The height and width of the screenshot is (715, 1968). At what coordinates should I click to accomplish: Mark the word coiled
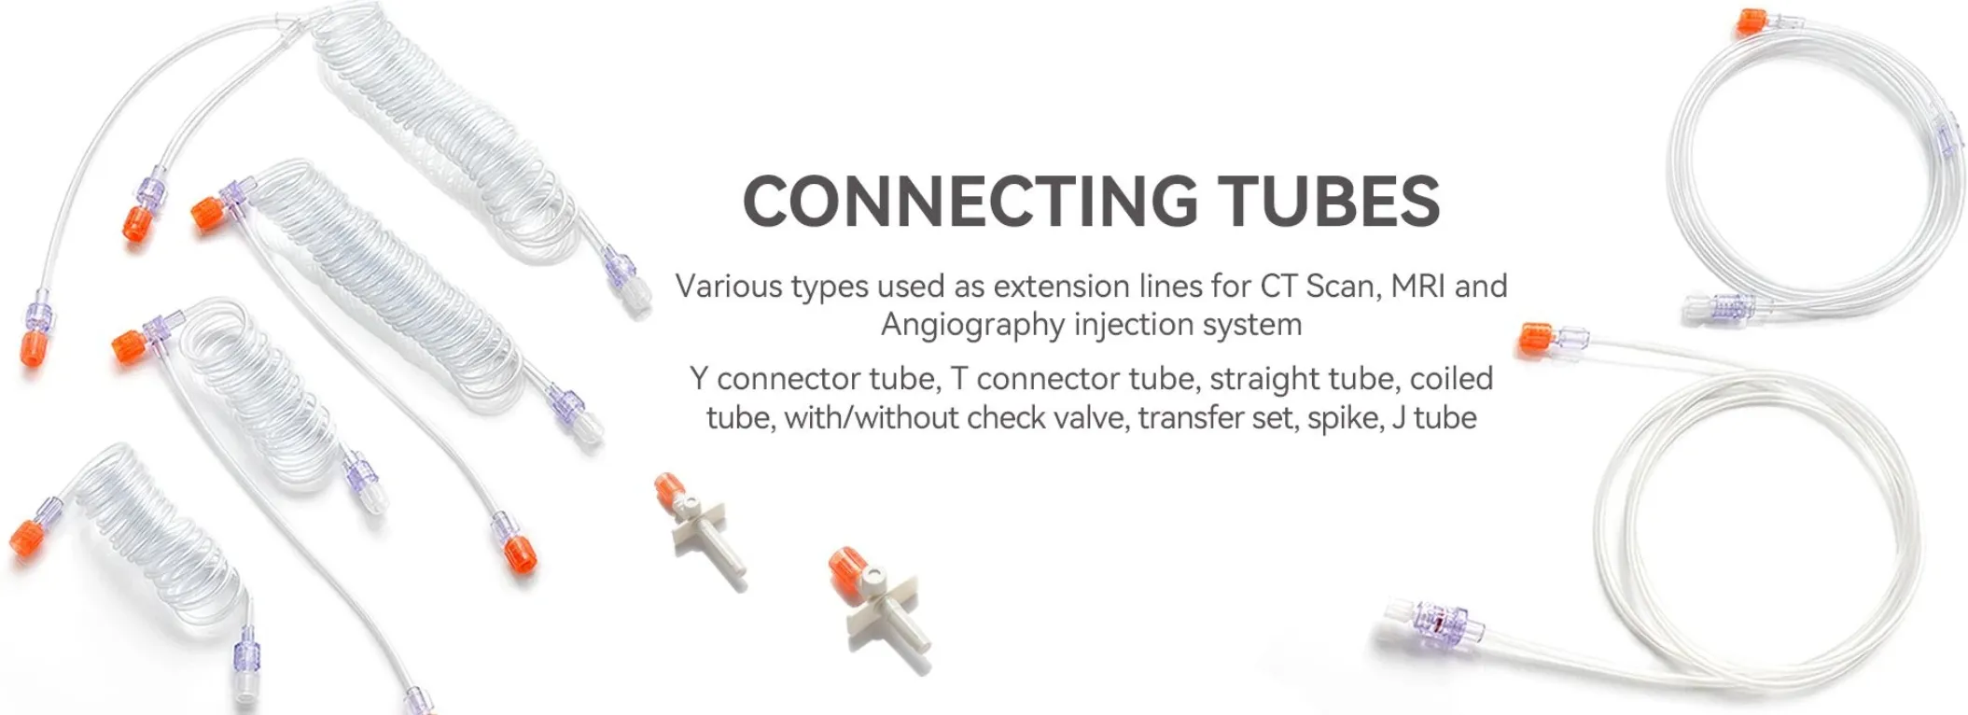pos(1451,379)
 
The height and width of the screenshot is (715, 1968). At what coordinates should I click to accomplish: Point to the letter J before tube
pos(1399,418)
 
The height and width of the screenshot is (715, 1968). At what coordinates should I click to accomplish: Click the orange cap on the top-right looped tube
pos(1752,21)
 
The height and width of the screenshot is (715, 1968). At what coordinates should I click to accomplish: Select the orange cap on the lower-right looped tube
pos(1534,339)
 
